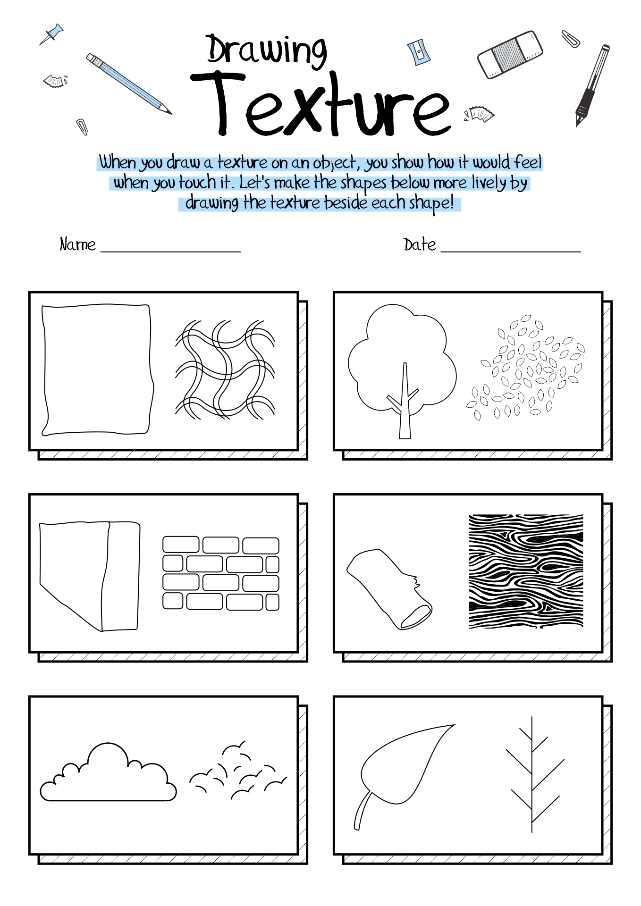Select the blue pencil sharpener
click(x=419, y=51)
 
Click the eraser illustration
click(x=510, y=54)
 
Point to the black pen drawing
click(x=591, y=85)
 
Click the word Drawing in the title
click(x=267, y=50)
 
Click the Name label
click(x=77, y=245)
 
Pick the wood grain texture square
click(x=526, y=571)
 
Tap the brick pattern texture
click(x=221, y=573)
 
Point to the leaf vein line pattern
click(x=532, y=774)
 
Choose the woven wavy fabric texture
click(x=225, y=369)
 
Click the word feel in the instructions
click(x=528, y=163)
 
